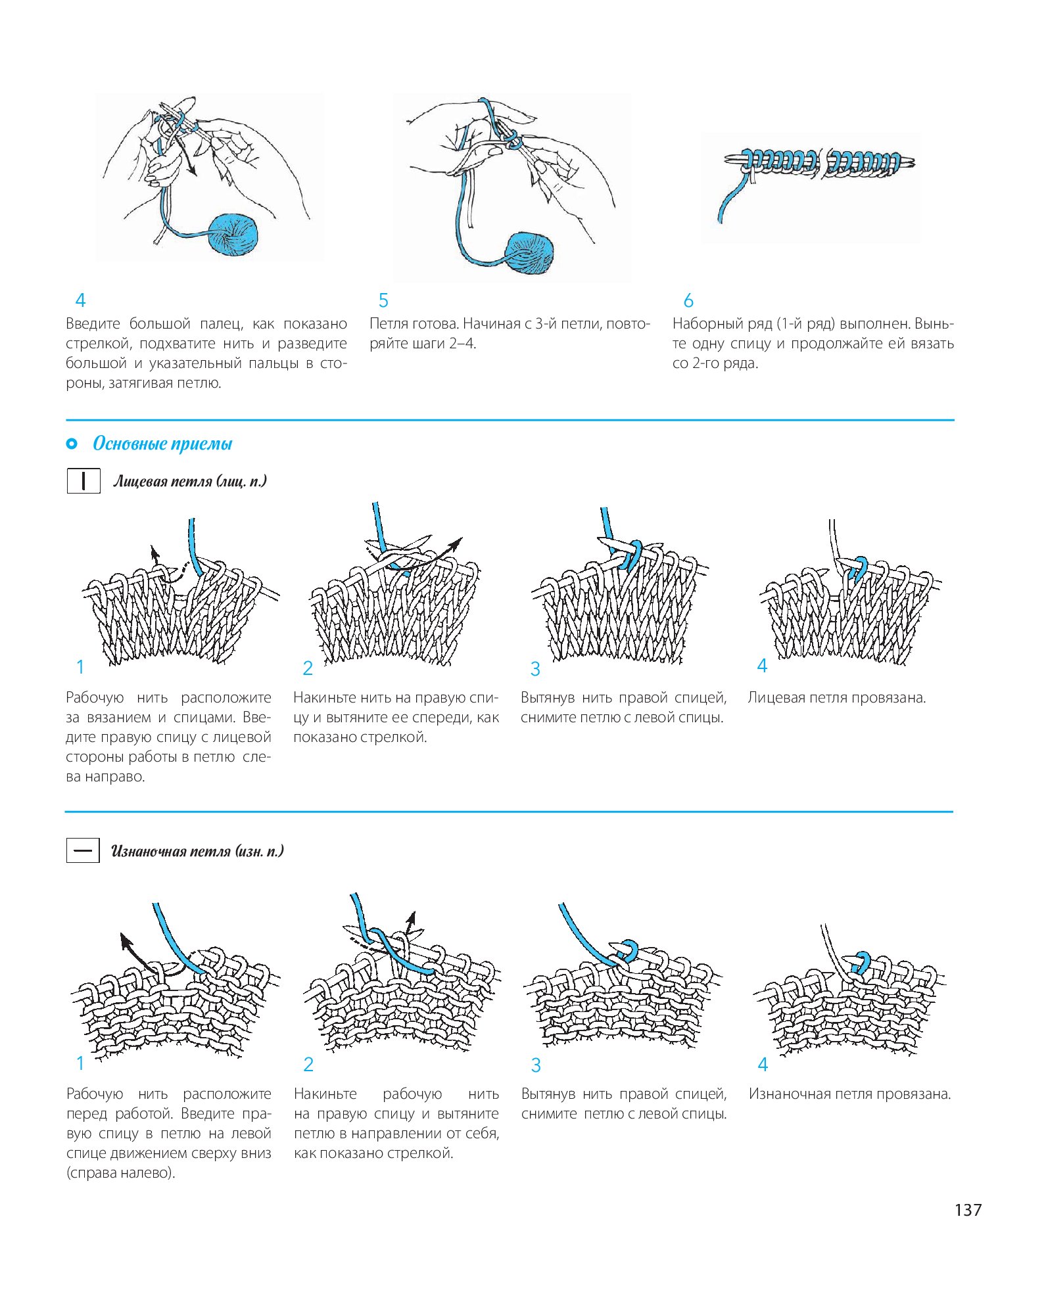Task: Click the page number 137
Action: [x=968, y=1210]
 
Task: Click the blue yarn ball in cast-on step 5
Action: [x=529, y=253]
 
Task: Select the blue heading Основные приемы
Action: [x=162, y=444]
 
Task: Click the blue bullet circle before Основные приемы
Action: [x=72, y=444]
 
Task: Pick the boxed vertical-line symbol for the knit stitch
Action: [x=83, y=480]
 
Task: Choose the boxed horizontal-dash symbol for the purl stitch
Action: [x=83, y=850]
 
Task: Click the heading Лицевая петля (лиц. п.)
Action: [x=190, y=481]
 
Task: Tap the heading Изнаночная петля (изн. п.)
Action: [x=197, y=851]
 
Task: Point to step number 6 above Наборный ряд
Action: [x=688, y=300]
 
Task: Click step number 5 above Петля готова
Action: [x=383, y=300]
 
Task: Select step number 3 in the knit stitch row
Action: [x=535, y=669]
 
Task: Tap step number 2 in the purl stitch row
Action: [x=308, y=1064]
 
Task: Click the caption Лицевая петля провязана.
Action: [x=836, y=698]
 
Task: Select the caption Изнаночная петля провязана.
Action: [x=849, y=1094]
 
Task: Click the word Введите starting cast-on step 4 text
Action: [x=93, y=324]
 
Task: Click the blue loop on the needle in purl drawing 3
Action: [x=628, y=950]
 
